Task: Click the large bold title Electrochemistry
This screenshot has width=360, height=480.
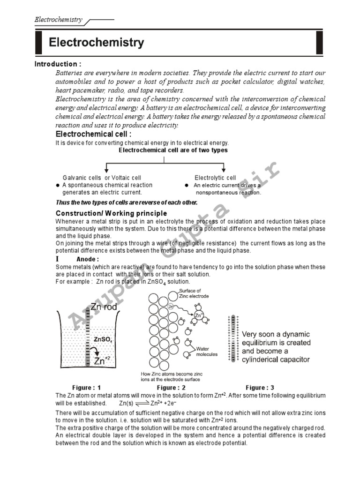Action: (x=97, y=43)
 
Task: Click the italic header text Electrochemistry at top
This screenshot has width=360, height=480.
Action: (x=58, y=20)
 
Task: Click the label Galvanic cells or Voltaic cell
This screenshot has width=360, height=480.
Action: (x=102, y=178)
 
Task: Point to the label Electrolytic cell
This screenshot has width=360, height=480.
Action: (x=215, y=178)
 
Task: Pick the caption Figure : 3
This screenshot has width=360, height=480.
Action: (x=260, y=388)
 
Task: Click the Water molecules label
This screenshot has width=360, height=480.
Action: (x=207, y=351)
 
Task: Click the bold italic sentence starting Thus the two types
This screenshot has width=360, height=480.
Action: (x=126, y=202)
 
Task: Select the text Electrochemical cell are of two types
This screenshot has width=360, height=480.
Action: (x=173, y=150)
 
